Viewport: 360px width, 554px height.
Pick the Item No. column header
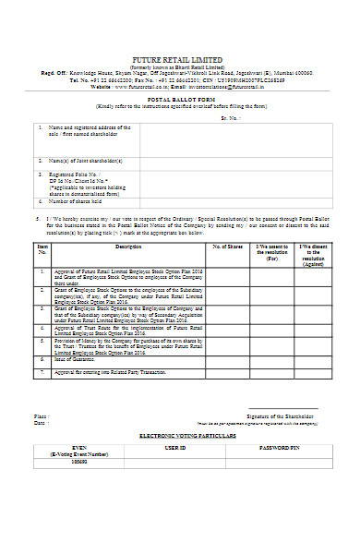(x=42, y=249)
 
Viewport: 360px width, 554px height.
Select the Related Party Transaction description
(x=114, y=371)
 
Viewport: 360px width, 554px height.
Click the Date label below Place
(x=40, y=423)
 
